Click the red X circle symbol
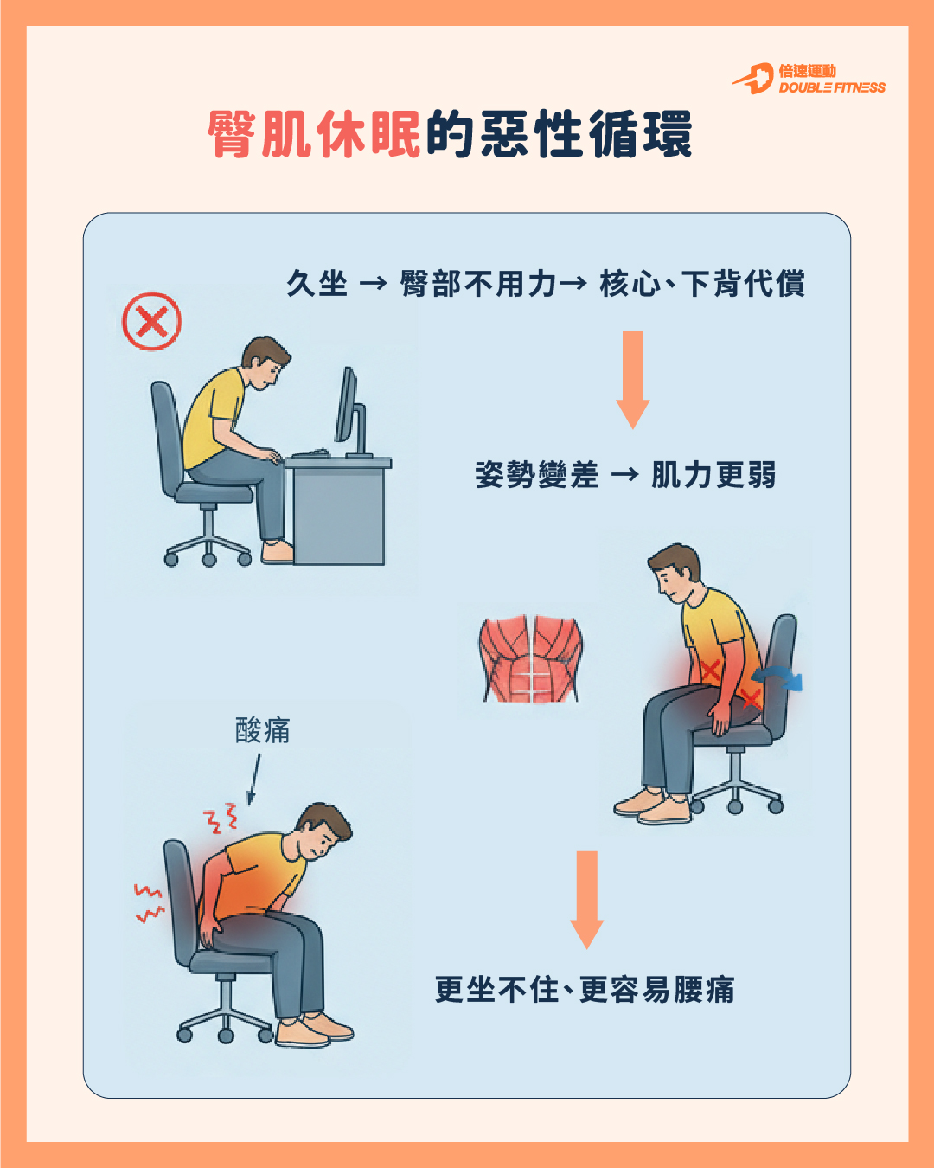pos(151,321)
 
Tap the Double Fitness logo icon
pos(753,79)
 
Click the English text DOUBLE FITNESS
pos(832,87)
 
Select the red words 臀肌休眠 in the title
pos(314,135)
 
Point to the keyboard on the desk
pos(311,452)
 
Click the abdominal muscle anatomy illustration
pos(530,659)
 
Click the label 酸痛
pos(263,730)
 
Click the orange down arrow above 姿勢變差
pos(633,380)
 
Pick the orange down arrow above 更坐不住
pos(586,900)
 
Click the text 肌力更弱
pos(713,475)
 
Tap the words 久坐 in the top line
pos(317,283)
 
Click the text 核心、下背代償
pos(701,283)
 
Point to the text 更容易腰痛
pos(656,990)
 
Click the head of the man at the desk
pos(265,362)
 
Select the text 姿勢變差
pos(537,475)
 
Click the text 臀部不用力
pos(478,283)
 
